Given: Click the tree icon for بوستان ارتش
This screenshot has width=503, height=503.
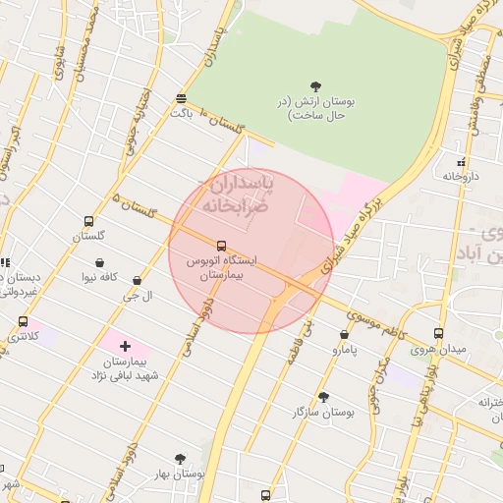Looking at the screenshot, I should click(x=316, y=86).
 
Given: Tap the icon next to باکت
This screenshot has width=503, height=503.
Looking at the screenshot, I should click(x=181, y=98).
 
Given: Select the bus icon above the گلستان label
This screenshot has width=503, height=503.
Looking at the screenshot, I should click(x=89, y=222).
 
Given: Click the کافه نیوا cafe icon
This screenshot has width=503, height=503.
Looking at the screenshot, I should click(x=102, y=262).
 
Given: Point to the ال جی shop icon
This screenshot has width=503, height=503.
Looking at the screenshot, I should click(x=136, y=281).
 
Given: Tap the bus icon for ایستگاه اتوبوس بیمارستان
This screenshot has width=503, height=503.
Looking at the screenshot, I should click(x=220, y=246).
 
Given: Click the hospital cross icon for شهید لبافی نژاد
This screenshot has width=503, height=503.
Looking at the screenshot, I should click(x=125, y=346).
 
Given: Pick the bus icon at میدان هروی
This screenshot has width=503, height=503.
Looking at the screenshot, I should click(x=438, y=334).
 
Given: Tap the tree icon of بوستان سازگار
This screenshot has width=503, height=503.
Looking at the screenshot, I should click(x=323, y=397).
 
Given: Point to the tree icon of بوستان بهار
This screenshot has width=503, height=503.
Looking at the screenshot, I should click(x=179, y=459).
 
